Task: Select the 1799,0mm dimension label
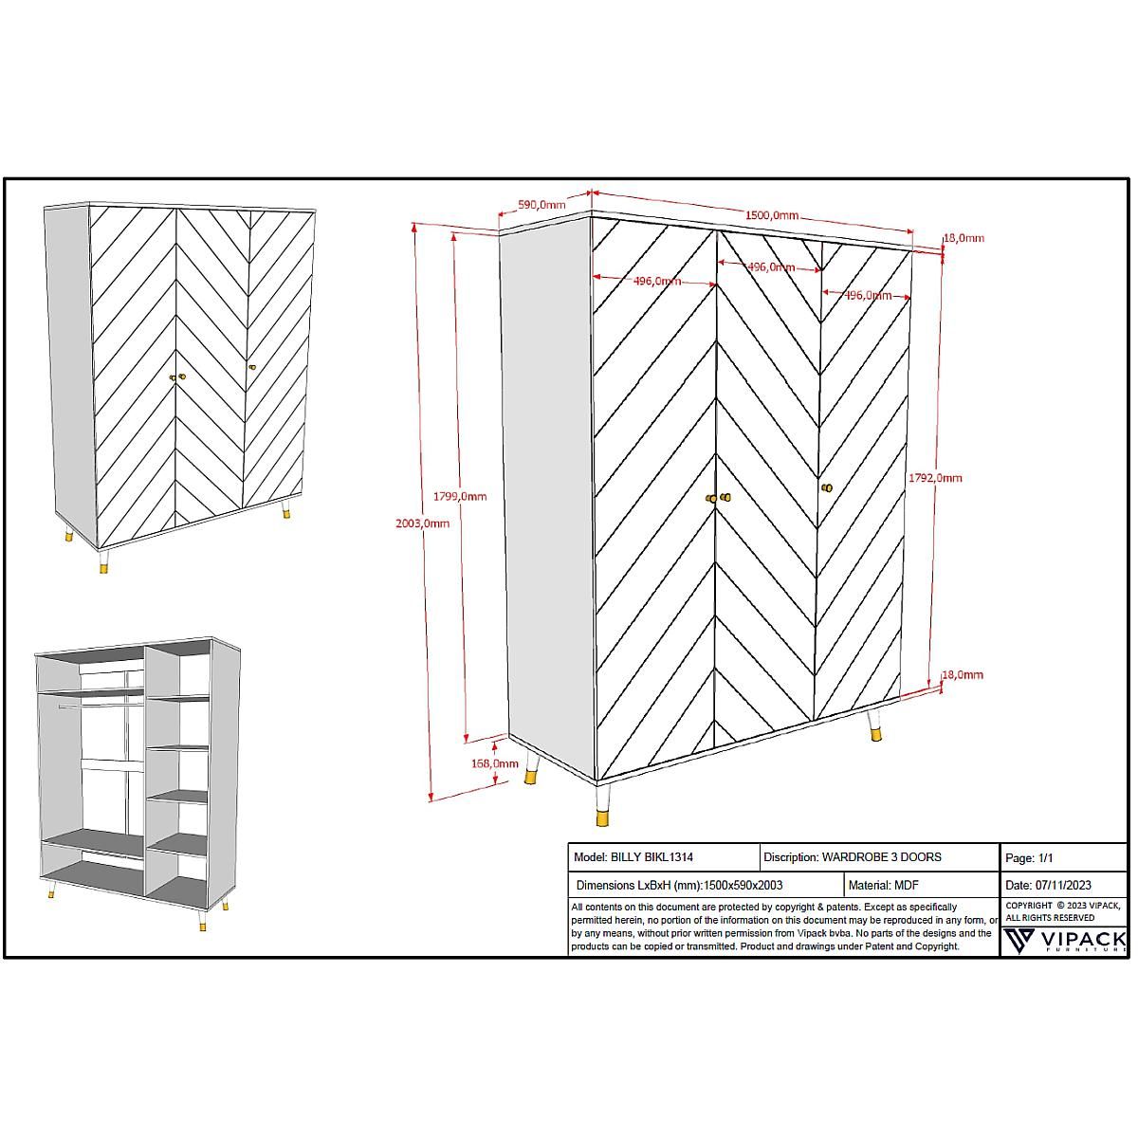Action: coord(460,496)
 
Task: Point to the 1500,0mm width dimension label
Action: coord(771,215)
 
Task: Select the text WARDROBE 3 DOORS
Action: coord(881,857)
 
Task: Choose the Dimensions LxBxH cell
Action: coord(679,886)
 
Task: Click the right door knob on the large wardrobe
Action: coord(826,487)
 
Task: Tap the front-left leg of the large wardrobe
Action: coord(603,806)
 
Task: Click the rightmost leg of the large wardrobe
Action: coord(875,725)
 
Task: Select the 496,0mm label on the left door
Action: coord(656,281)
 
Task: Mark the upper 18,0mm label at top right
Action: coord(963,238)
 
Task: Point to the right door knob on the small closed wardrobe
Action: coord(252,367)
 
